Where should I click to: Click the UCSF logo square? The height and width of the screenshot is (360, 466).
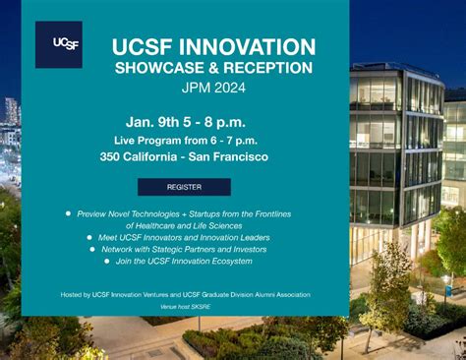pos(59,44)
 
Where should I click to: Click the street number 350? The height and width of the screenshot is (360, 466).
pos(110,156)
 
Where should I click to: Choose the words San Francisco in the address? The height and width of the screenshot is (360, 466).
pos(228,156)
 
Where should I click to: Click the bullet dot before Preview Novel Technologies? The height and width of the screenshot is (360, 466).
pos(68,213)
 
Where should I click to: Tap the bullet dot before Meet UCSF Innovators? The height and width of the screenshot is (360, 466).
pos(89,237)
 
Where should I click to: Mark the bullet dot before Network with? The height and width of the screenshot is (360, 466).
pos(92,249)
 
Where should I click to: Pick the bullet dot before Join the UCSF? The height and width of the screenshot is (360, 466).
pos(107,261)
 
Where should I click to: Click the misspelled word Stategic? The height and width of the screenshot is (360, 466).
pos(166,250)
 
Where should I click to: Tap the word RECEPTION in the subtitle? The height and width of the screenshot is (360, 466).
pos(268,68)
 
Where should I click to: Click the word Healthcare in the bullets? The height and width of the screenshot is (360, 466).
pos(156,226)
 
